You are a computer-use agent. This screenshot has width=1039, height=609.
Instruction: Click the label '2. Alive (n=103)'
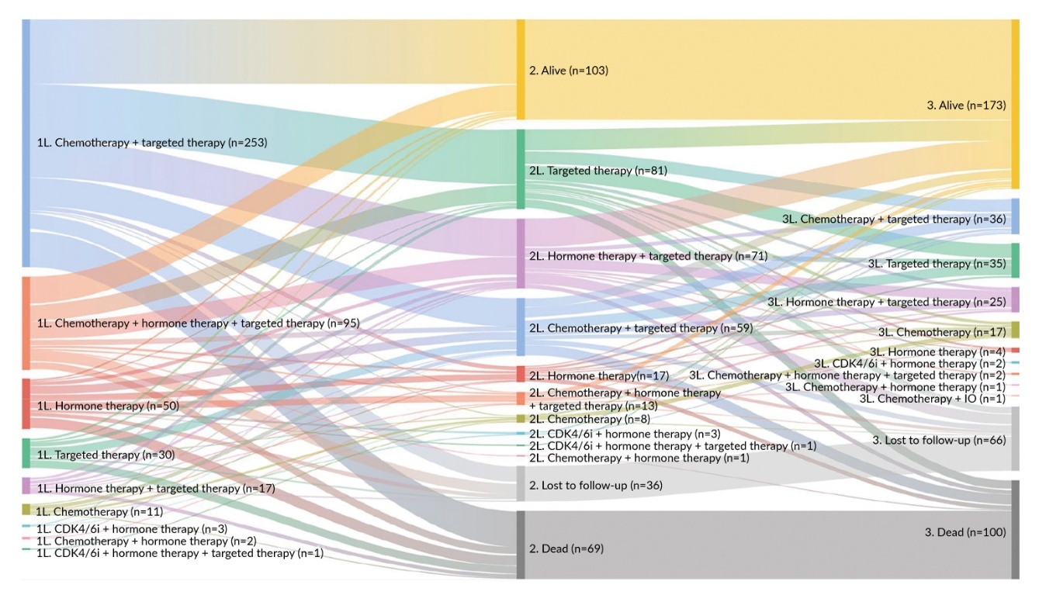568,71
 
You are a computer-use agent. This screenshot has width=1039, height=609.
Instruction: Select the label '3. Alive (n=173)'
966,106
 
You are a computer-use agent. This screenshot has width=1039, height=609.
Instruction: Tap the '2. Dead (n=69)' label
566,548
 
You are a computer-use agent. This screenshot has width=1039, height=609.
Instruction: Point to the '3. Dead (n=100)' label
965,532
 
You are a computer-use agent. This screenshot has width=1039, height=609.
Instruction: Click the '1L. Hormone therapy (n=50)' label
108,406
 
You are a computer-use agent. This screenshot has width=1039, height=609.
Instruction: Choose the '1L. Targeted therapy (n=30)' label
106,455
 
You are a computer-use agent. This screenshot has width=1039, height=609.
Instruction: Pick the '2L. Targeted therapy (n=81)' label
598,171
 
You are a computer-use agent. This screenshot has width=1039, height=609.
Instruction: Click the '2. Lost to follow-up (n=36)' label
596,485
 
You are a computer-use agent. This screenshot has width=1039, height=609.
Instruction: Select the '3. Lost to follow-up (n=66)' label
939,440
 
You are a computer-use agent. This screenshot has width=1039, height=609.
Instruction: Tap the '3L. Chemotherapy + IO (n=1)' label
933,399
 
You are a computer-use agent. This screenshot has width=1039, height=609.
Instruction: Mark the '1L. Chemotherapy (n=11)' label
100,511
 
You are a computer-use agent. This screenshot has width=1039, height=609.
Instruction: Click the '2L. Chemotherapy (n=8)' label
590,419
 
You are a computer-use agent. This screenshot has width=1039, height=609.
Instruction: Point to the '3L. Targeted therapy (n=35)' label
937,264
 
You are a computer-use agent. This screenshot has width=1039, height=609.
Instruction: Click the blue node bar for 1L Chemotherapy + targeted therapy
26,144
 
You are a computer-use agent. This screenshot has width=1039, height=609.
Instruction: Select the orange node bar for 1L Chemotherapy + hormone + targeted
26,324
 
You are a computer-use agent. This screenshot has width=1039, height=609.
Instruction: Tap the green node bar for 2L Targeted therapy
521,169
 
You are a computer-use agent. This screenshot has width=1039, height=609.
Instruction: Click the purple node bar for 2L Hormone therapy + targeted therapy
521,254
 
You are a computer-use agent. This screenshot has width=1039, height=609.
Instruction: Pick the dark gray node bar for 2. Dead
521,545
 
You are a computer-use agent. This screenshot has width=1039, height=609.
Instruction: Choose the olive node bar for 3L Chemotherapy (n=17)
1016,330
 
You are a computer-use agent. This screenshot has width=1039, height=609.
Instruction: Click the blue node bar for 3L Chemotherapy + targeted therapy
1016,216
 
